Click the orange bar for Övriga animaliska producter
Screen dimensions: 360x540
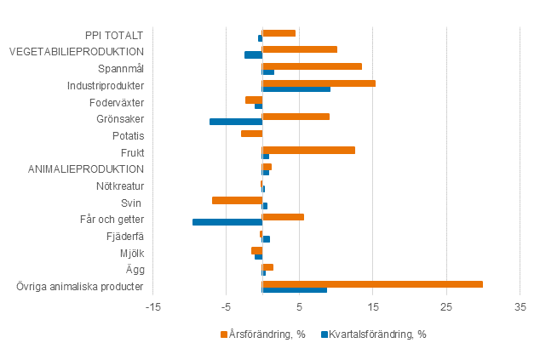[x=372, y=284]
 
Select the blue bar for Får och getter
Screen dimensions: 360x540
[x=227, y=222]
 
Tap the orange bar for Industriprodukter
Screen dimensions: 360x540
[x=319, y=83]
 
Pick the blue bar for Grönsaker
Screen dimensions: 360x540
[x=236, y=122]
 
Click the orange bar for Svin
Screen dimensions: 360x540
[x=237, y=200]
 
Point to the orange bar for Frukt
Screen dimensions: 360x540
[x=308, y=150]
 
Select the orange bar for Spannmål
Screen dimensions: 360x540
[x=312, y=66]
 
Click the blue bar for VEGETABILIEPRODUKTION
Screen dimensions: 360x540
[x=253, y=54]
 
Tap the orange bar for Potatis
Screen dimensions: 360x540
[x=251, y=133]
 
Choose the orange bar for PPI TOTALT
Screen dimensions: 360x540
[x=279, y=32]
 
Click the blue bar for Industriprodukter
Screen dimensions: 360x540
[x=296, y=89]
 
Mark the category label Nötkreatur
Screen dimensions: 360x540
[x=120, y=186]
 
